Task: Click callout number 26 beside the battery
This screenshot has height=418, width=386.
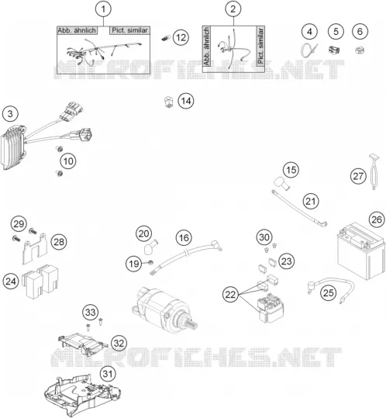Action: click(377, 220)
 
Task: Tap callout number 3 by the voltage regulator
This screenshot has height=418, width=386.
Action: click(10, 114)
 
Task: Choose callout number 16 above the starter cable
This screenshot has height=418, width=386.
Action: click(184, 238)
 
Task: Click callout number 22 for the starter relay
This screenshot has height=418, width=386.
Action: click(231, 295)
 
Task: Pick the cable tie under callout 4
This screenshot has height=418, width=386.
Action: click(309, 50)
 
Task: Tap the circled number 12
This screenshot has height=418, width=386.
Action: click(181, 37)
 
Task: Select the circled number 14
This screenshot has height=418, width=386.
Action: click(186, 101)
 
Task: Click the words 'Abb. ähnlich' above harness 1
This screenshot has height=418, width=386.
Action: click(77, 30)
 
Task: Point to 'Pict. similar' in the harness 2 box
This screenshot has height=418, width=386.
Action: click(260, 46)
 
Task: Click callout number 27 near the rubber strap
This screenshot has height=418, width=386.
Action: click(358, 176)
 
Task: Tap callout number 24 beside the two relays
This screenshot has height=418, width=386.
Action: click(11, 282)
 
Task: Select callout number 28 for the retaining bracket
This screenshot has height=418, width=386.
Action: click(59, 242)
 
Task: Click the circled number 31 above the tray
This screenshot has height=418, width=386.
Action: click(108, 374)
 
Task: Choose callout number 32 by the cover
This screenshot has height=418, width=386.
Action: click(119, 343)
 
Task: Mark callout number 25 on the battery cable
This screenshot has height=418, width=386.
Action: click(328, 293)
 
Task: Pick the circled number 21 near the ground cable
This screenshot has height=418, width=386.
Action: click(311, 202)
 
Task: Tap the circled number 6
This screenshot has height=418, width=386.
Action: click(360, 32)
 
